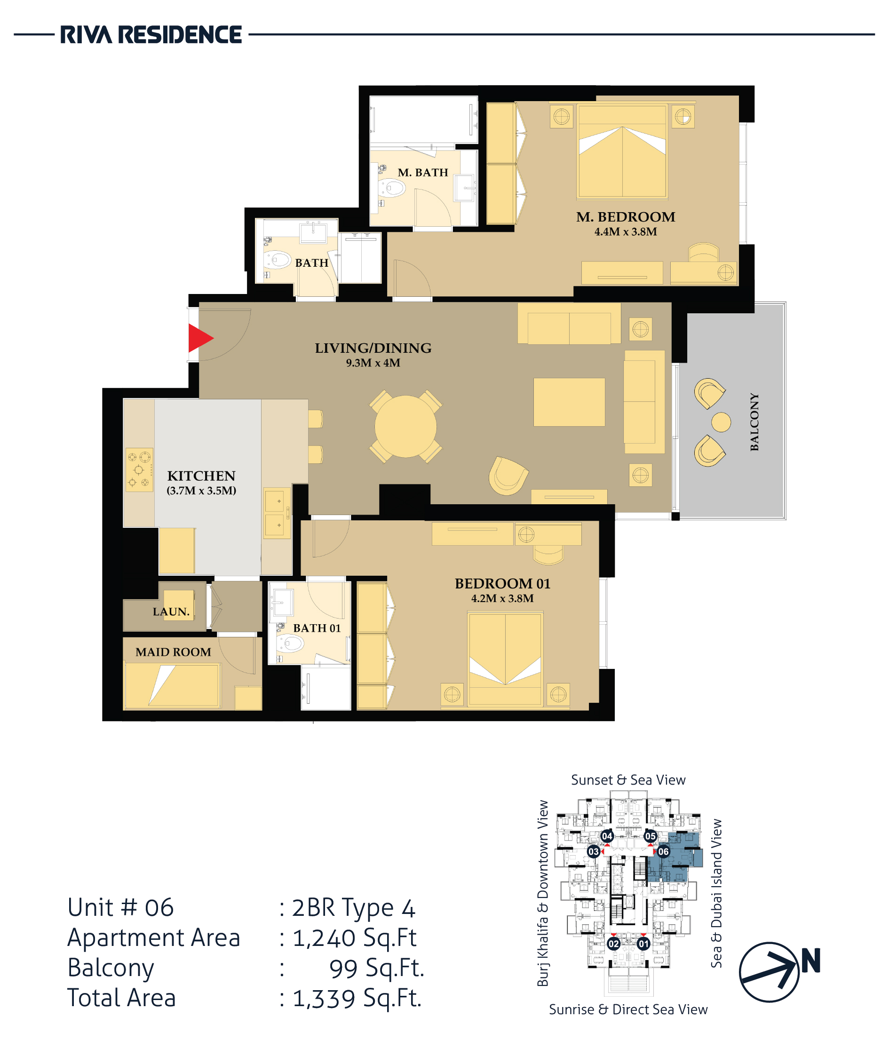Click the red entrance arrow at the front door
pos(200,338)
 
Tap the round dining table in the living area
pos(405,427)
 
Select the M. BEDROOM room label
pos(626,217)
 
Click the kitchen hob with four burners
pos(139,470)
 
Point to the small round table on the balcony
pos(721,422)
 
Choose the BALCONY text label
pos(754,422)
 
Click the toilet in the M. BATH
pos(391,188)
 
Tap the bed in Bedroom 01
pos(505,659)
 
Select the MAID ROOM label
pos(174,652)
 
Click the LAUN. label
pos(171,611)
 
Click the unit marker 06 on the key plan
pos(663,851)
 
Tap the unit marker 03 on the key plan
pos(594,851)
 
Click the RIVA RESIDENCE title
pos(151,35)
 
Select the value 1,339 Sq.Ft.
pos(357,998)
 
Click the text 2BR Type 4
pos(353,907)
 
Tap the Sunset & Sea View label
pos(628,780)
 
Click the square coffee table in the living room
pos(569,402)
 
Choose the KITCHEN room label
pos(201,476)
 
